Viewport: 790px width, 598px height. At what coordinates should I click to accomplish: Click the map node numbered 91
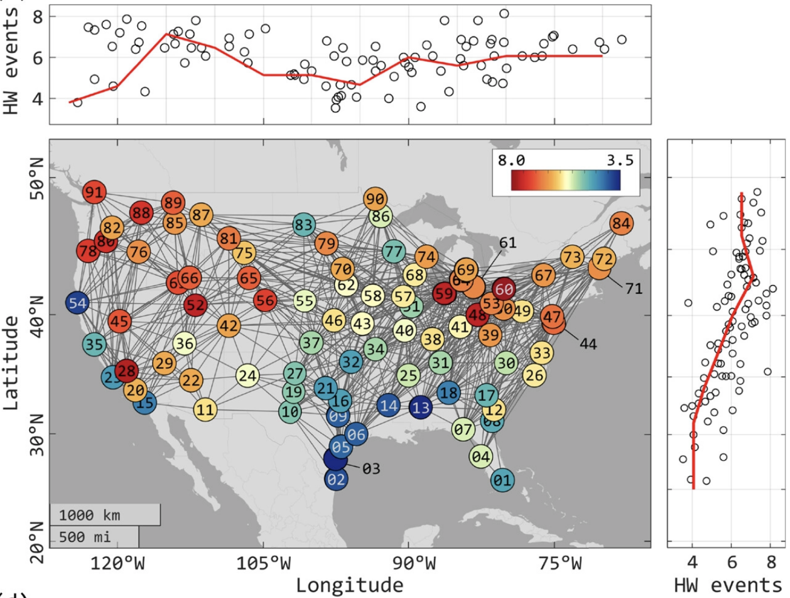[x=94, y=192]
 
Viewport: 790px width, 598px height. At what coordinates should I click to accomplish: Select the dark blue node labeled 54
[x=78, y=303]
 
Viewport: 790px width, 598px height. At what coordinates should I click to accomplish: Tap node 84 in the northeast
[x=621, y=223]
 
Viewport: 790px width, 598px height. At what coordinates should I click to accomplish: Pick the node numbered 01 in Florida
[x=502, y=480]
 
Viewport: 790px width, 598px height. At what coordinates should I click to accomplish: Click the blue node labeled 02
[x=336, y=479]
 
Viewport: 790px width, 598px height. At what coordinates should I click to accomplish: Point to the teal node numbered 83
[x=304, y=225]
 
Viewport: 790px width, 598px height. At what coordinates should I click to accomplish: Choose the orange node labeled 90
[x=375, y=199]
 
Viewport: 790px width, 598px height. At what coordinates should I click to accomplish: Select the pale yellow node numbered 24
[x=248, y=376]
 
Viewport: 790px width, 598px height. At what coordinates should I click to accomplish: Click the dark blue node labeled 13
[x=421, y=408]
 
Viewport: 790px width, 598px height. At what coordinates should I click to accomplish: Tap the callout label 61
[x=508, y=243]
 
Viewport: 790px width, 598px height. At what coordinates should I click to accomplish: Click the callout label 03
[x=371, y=469]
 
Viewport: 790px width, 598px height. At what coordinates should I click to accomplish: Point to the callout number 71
[x=633, y=288]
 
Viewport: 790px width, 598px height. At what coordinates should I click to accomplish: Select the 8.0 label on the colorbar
[x=511, y=160]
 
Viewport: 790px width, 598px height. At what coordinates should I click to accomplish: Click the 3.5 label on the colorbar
[x=620, y=160]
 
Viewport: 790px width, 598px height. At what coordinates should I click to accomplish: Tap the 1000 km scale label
[x=90, y=515]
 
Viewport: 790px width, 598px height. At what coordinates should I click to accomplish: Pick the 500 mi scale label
[x=85, y=537]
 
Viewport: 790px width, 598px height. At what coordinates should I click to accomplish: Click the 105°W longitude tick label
[x=264, y=564]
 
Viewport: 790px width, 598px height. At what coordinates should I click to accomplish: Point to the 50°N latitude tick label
[x=36, y=178]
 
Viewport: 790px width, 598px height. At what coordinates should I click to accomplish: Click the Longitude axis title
[x=349, y=585]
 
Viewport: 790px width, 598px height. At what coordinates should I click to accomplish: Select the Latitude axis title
[x=11, y=362]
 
